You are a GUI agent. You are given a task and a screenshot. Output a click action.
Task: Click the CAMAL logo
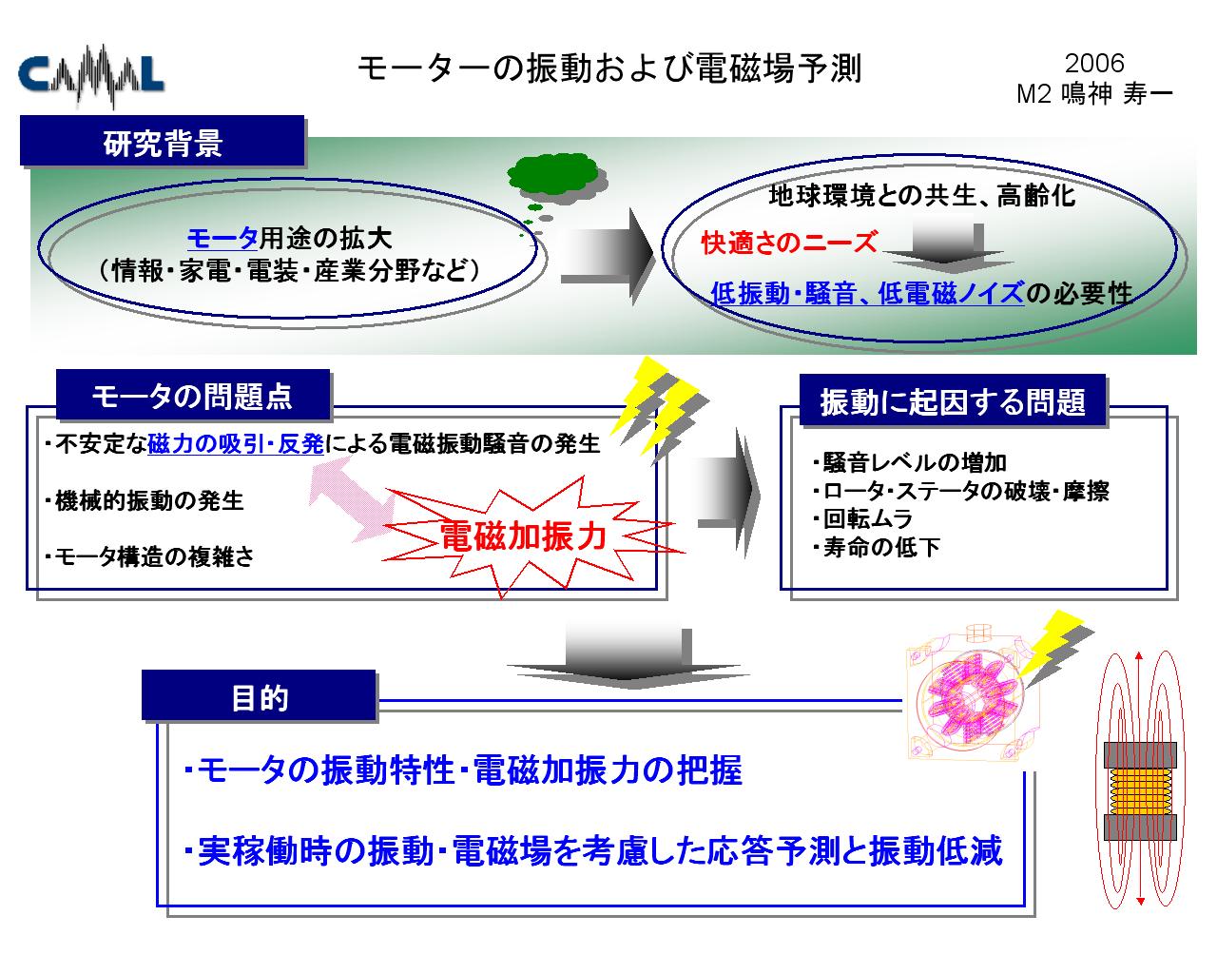pos(90,75)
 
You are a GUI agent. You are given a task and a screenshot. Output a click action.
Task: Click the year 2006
pos(1094,64)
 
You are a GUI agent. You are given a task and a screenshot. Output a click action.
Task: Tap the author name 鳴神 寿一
pos(1116,94)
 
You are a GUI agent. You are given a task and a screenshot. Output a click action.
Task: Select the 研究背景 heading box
pos(163,141)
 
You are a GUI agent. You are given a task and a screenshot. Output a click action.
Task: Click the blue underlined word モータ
pos(222,238)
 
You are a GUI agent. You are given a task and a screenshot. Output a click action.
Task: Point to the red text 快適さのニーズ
pos(789,243)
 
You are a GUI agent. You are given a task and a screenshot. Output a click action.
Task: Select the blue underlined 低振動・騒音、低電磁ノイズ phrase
pos(867,293)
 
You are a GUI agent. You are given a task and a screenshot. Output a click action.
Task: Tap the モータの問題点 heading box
pos(193,395)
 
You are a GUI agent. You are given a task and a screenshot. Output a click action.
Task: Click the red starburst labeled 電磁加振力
pos(526,536)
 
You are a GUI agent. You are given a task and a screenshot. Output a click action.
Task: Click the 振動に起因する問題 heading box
pos(953,400)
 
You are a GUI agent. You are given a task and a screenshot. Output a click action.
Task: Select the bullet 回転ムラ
pos(863,518)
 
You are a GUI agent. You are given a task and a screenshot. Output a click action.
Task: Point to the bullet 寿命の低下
pos(876,547)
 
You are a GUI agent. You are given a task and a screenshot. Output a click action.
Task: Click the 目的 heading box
pos(259,696)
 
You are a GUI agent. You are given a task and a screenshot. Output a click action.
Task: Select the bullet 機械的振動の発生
pos(145,501)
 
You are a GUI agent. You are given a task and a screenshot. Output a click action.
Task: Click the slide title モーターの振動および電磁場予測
pos(609,68)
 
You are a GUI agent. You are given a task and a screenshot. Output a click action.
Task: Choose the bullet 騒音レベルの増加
pos(909,462)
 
